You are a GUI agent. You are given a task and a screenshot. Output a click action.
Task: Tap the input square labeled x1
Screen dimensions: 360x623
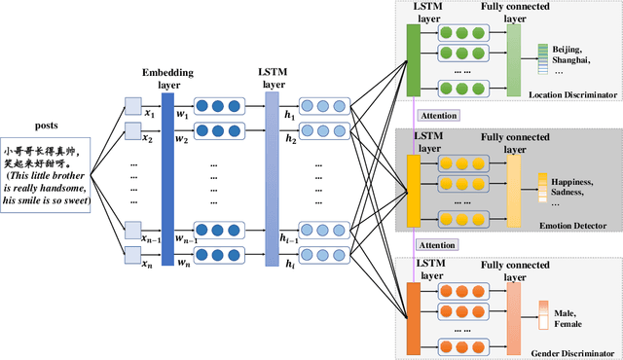[132, 106]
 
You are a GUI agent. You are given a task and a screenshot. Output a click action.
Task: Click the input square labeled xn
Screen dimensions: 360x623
[132, 255]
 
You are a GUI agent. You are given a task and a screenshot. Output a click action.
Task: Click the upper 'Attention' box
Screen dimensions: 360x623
[437, 115]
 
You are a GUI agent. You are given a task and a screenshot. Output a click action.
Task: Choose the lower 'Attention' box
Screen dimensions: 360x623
[437, 246]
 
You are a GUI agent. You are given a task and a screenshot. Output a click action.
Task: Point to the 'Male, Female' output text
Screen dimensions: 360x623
[569, 317]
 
